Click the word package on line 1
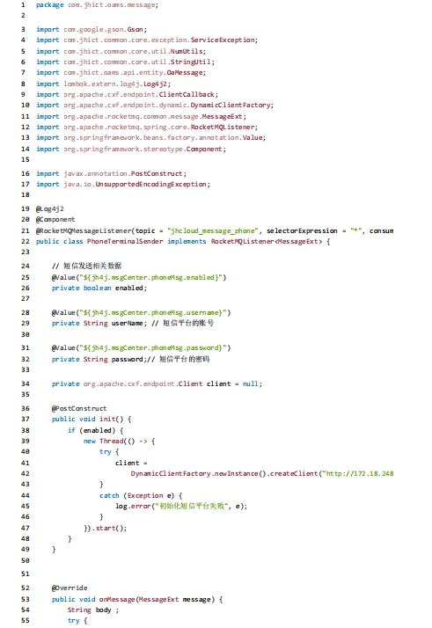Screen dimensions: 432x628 [x=49, y=5]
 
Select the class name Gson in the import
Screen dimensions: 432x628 [x=135, y=30]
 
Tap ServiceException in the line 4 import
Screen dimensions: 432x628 [x=223, y=40]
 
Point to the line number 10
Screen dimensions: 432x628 [x=26, y=105]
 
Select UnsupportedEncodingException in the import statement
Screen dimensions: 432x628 [x=151, y=184]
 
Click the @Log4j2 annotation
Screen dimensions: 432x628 [x=49, y=209]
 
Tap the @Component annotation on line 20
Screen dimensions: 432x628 [x=55, y=220]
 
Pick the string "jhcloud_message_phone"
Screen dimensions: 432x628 [x=213, y=230]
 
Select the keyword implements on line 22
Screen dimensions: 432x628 [x=187, y=242]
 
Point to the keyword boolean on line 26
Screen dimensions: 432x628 [x=98, y=288]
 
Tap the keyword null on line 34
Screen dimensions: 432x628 [x=251, y=383]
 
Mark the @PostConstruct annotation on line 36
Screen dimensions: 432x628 [x=79, y=408]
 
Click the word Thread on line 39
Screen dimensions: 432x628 [x=112, y=441]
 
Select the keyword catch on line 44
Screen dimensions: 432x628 [x=109, y=495]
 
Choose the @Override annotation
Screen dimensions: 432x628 [x=70, y=588]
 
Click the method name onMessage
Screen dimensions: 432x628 [x=117, y=600]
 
